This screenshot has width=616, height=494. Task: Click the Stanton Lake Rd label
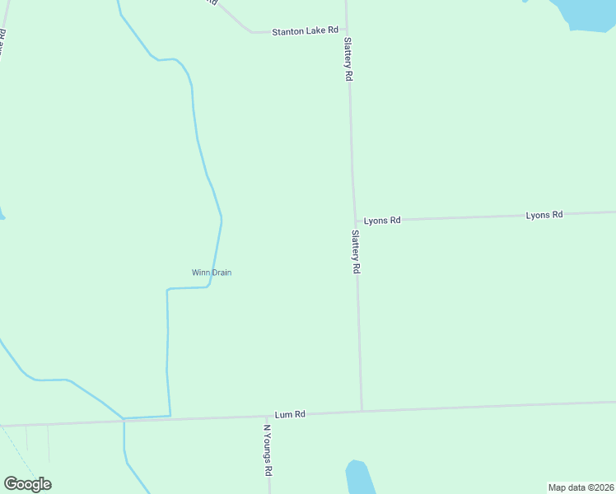point(306,30)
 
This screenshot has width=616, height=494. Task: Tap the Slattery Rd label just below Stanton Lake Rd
point(349,58)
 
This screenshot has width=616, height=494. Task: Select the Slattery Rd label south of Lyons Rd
point(357,252)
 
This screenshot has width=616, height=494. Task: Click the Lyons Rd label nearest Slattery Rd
point(382,221)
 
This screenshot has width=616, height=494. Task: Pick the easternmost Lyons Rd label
point(544,215)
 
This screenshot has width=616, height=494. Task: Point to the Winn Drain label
point(212,273)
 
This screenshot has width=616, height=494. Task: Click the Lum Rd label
point(290,414)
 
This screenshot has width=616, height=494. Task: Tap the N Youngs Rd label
point(268,450)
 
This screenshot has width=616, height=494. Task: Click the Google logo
point(27,484)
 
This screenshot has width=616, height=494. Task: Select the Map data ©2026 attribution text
point(581,487)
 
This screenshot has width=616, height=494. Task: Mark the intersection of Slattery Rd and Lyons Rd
point(356,221)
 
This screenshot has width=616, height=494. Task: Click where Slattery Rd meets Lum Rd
point(362,410)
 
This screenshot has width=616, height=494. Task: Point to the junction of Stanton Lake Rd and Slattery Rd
point(347,32)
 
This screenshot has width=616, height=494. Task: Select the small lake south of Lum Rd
point(359,478)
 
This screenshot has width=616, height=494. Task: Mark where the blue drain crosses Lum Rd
point(124,421)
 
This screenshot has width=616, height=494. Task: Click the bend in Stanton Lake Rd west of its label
point(250,32)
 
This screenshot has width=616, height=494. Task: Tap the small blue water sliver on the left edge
point(2,216)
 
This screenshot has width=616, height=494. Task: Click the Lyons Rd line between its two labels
point(461,217)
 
